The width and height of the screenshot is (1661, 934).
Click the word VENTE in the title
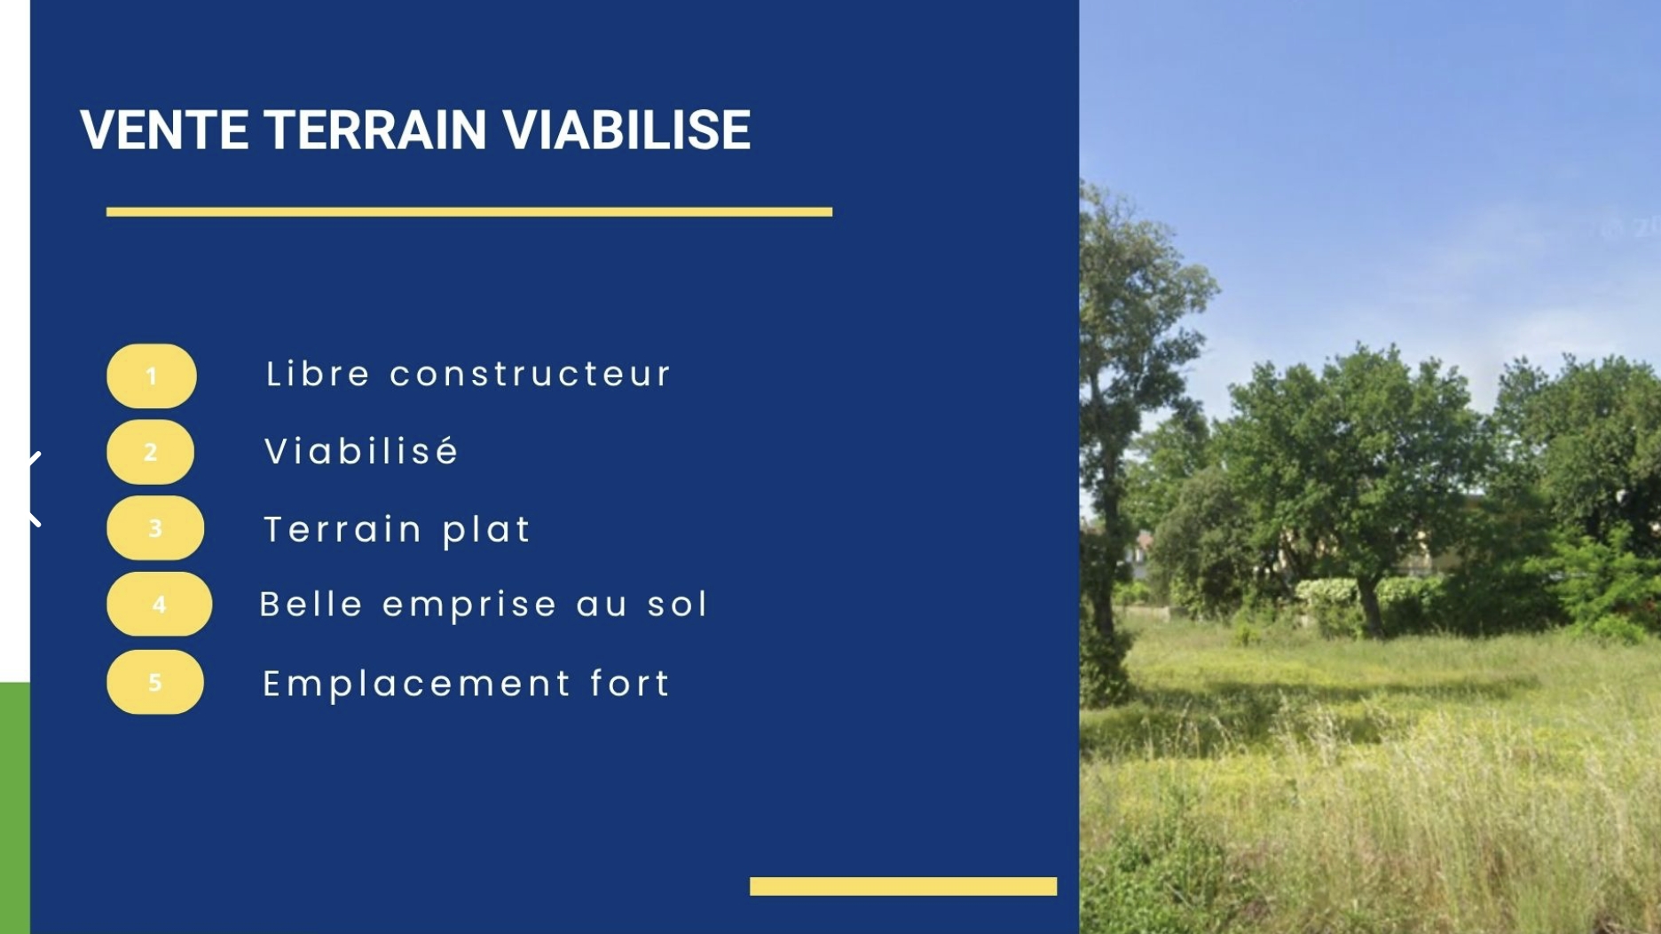pos(164,130)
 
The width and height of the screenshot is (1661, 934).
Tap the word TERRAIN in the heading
pos(375,130)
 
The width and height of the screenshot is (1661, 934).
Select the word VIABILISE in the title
pos(626,130)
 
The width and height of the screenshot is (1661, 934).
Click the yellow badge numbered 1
pos(152,376)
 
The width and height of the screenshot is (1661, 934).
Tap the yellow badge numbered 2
pos(151,452)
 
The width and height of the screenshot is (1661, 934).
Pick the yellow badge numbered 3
pos(155,528)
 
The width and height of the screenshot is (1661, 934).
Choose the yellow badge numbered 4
pos(160,605)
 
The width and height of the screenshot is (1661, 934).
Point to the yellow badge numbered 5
pos(155,682)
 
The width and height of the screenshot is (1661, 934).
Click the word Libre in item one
pos(318,374)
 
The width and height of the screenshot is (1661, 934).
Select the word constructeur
pos(530,374)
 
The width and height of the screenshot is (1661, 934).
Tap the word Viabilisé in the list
pos(361,451)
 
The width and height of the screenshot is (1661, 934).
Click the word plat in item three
pos(486,530)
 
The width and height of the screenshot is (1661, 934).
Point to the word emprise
pos(469,606)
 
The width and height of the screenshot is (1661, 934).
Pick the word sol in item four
pos(678,605)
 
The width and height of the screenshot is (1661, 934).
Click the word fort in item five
pos(630,683)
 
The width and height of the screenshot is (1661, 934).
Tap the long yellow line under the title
pos(468,211)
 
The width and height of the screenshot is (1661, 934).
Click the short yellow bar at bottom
pos(902,886)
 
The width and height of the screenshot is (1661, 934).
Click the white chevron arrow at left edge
pos(34,489)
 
